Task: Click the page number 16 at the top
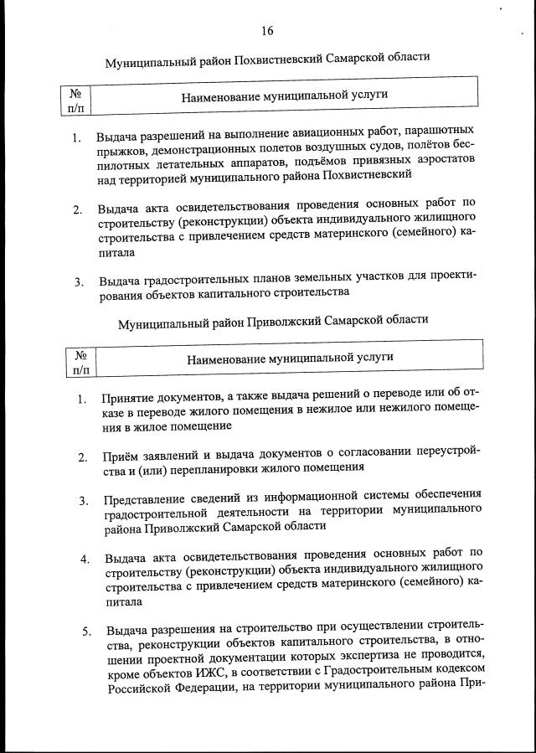tap(267, 31)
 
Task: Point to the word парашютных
tap(439, 132)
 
